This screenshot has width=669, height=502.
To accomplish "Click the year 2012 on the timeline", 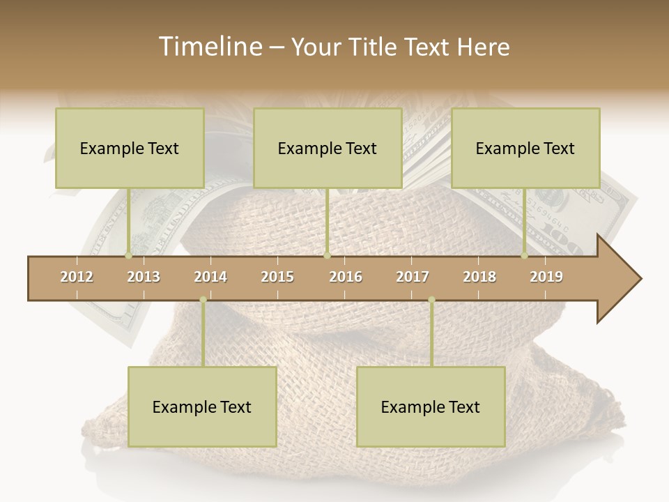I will coord(77,277).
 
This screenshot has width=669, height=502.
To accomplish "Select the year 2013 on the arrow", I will coord(144,277).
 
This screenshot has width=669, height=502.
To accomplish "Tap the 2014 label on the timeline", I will coord(210,277).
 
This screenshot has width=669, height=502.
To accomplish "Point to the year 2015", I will coord(277,277).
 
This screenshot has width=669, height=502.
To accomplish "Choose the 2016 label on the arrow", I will coord(346,277).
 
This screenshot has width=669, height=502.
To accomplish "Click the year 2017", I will coord(413,277).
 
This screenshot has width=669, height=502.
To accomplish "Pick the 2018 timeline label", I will coord(479,277).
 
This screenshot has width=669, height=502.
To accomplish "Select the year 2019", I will coord(546,277).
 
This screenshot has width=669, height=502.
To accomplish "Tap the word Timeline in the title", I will coord(208,47).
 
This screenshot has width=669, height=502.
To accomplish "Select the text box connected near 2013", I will coord(130,149).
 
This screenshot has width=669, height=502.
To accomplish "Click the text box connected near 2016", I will coord(328,149).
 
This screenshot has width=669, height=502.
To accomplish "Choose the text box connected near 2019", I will coord(525,149).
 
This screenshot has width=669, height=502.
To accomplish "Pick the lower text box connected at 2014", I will coord(202,407).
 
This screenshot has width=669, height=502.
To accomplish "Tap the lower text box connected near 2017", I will coord(431,407).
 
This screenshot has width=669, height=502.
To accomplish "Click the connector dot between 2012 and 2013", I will coord(128,256).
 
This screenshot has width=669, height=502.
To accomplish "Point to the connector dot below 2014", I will coord(203,300).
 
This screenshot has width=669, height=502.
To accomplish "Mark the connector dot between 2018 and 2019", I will coord(524,256).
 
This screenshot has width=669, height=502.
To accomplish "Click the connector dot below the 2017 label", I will coord(431,300).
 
